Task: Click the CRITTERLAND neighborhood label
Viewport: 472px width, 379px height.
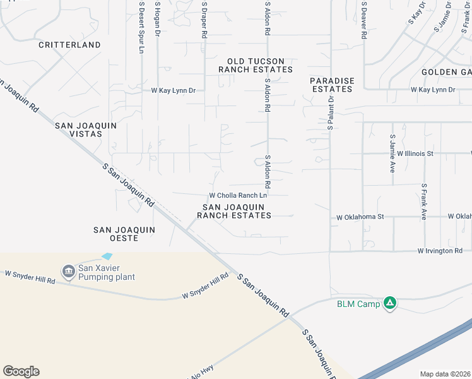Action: [69, 45]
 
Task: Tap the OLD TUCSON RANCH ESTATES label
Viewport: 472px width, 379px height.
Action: [256, 64]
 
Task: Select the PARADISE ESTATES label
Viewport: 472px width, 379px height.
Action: [332, 85]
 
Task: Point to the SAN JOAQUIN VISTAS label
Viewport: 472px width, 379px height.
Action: [86, 130]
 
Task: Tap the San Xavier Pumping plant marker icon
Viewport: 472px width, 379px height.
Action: [68, 272]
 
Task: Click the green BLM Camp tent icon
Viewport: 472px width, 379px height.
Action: [391, 304]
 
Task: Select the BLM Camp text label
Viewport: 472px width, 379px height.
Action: [358, 304]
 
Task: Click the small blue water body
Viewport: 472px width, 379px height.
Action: [107, 256]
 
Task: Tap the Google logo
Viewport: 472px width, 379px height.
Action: [21, 371]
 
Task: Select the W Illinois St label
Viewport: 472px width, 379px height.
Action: [415, 153]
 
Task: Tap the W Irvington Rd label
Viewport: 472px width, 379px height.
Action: [440, 251]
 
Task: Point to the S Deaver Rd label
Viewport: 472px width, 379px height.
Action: [364, 20]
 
